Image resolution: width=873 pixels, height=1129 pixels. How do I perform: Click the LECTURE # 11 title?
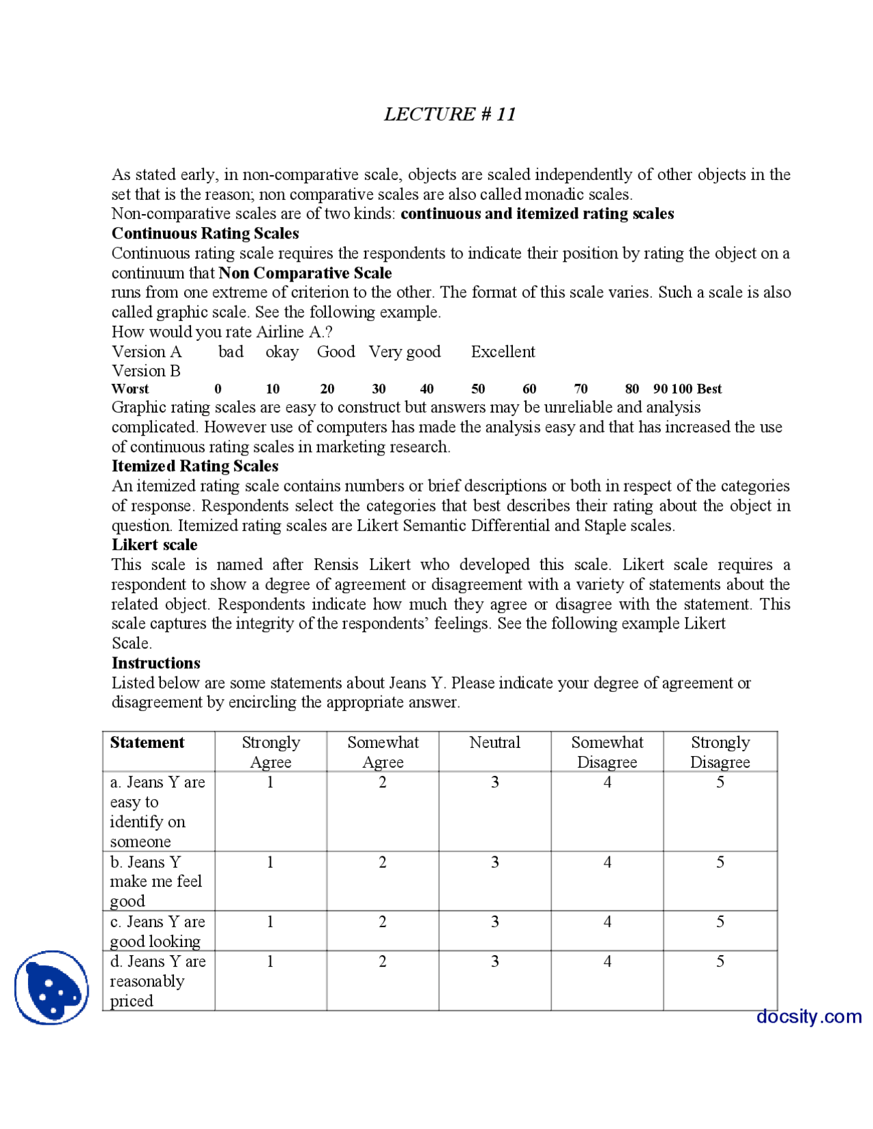click(x=449, y=114)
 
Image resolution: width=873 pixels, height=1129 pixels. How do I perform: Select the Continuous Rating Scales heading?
click(x=205, y=233)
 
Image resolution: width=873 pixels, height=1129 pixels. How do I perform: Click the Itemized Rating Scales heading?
click(x=195, y=466)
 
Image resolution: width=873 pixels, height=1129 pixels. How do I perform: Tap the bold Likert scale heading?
click(x=154, y=545)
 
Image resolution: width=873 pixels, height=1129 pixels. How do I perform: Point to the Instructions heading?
click(x=156, y=663)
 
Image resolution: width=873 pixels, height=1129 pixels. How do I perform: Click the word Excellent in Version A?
click(x=503, y=352)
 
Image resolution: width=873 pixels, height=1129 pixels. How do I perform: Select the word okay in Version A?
click(x=282, y=352)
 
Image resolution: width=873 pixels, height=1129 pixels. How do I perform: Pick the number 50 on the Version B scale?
click(x=478, y=389)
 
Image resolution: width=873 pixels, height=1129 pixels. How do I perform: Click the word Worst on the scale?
click(x=130, y=389)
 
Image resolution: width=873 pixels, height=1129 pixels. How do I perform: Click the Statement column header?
click(x=147, y=742)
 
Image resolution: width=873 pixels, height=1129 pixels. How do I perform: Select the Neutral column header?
click(x=494, y=742)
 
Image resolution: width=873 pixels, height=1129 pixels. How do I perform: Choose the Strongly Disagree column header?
click(x=720, y=752)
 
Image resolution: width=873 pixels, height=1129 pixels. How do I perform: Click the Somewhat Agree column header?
click(x=383, y=752)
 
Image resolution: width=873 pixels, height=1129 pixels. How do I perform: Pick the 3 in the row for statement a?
click(x=494, y=783)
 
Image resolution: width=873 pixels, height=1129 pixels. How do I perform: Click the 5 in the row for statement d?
click(x=720, y=961)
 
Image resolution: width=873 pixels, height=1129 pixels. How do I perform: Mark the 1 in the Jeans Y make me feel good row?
click(x=270, y=862)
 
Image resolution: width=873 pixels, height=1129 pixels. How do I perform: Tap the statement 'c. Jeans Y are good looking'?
click(x=157, y=931)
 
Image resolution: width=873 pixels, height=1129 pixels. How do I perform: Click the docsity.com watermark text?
click(x=808, y=1017)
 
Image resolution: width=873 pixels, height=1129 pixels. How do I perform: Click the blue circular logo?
click(x=52, y=987)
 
